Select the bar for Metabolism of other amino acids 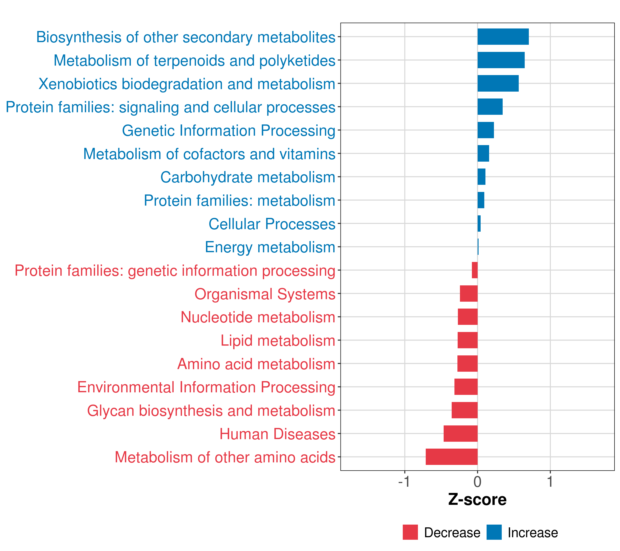[x=451, y=457]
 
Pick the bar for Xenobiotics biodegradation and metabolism [x=498, y=83]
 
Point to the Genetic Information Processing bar [x=485, y=130]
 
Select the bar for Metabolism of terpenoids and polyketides [x=501, y=60]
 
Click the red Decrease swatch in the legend [x=410, y=532]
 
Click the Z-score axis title [x=477, y=500]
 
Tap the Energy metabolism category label [x=270, y=247]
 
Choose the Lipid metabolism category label [x=278, y=340]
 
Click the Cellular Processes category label [x=272, y=224]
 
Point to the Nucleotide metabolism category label [x=258, y=317]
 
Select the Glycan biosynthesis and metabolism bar [x=464, y=410]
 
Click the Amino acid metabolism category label [x=256, y=364]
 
